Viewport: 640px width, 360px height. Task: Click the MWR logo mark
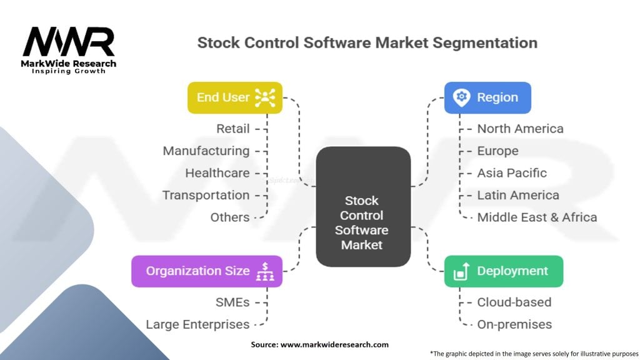point(69,42)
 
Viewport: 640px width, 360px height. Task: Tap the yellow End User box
point(235,97)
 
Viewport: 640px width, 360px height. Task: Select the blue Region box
point(487,97)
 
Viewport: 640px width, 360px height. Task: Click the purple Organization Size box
point(206,271)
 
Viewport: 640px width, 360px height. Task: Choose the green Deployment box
point(504,271)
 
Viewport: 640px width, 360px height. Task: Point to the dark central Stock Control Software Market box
point(363,206)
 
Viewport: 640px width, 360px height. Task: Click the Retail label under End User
point(232,129)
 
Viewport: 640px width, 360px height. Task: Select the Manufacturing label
point(206,151)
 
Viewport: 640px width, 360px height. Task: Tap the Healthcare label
point(217,172)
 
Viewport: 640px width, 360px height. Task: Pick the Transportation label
point(206,195)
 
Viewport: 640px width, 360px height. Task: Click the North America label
point(521,129)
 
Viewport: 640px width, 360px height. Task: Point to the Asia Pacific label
point(512,172)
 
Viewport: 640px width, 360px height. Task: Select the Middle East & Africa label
point(537,217)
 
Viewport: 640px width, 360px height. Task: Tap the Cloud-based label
point(514,302)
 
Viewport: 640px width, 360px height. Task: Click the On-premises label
point(514,324)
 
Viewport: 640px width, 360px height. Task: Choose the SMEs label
point(232,302)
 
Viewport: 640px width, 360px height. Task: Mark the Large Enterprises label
point(197,324)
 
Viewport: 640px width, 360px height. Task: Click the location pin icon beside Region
point(462,97)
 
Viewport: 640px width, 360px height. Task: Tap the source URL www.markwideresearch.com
point(334,344)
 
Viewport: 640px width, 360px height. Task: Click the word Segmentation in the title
point(485,43)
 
